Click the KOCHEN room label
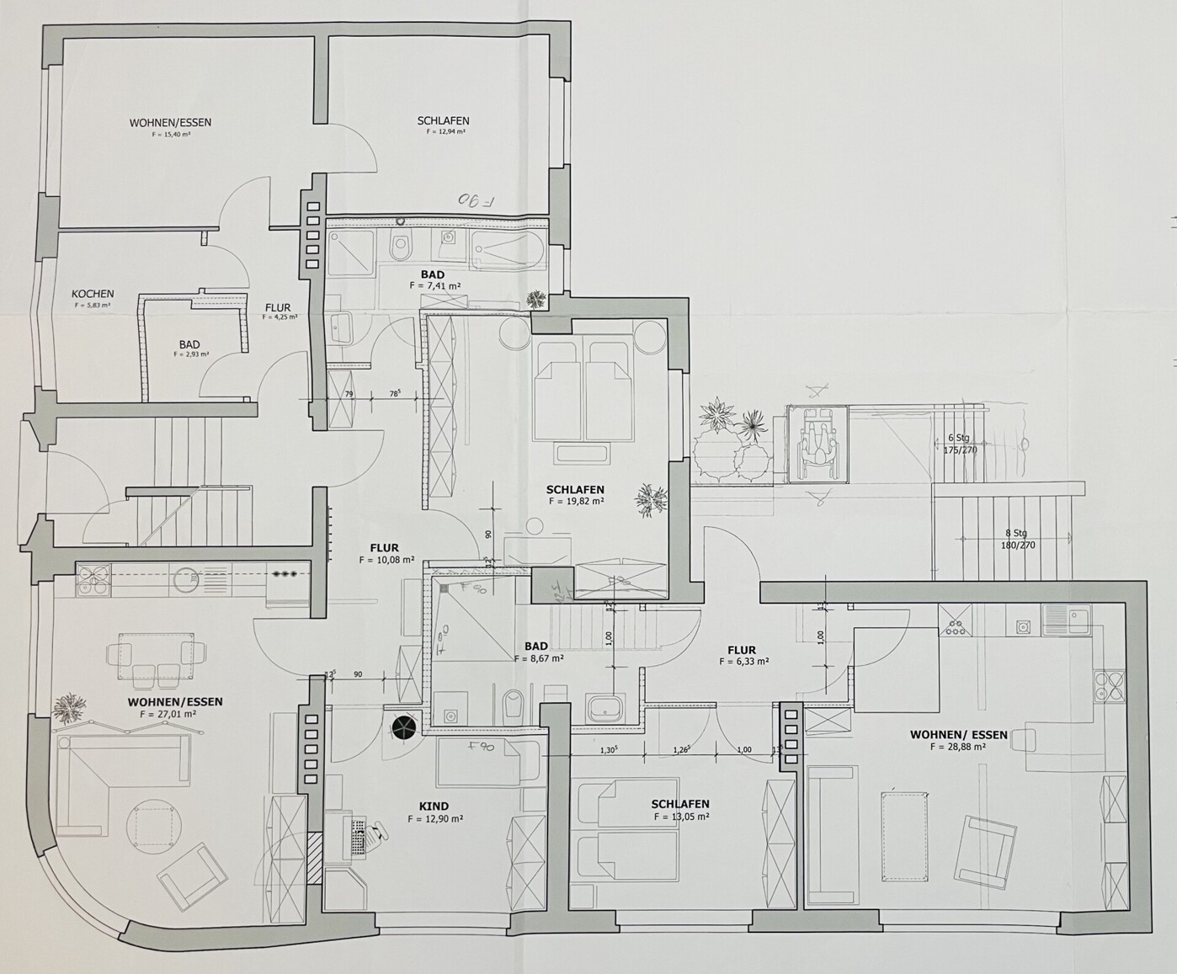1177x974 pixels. (93, 294)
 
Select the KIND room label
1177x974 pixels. (434, 806)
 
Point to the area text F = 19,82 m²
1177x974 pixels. (577, 501)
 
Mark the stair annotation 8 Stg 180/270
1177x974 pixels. (1016, 539)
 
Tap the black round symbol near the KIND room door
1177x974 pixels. (405, 726)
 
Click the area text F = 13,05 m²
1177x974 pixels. (680, 817)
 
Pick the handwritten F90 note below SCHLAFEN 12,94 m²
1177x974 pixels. (477, 200)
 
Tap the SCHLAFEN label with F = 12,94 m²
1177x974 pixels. (443, 121)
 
